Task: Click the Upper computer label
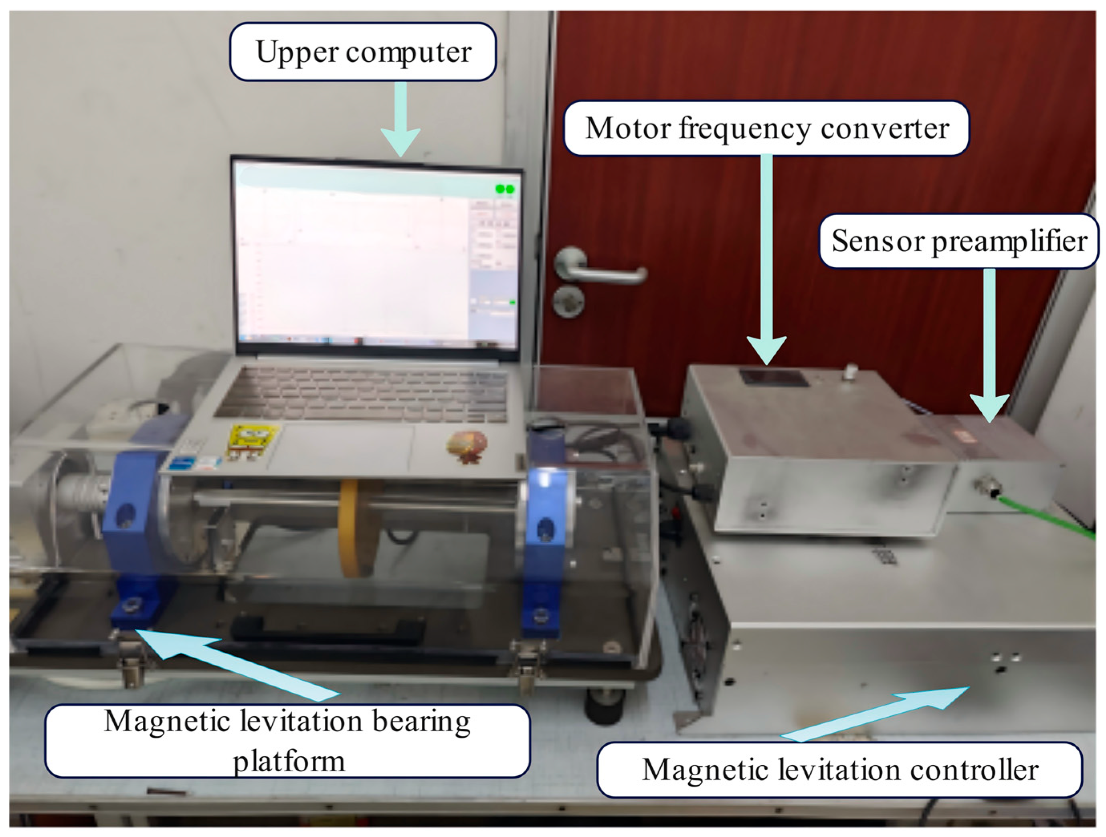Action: (363, 51)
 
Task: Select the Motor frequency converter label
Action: (766, 129)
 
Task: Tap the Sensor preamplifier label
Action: (959, 241)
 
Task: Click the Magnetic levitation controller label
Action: (840, 770)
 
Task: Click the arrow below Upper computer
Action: (400, 120)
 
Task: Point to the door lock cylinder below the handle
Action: (568, 301)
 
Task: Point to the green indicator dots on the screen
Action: (505, 189)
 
